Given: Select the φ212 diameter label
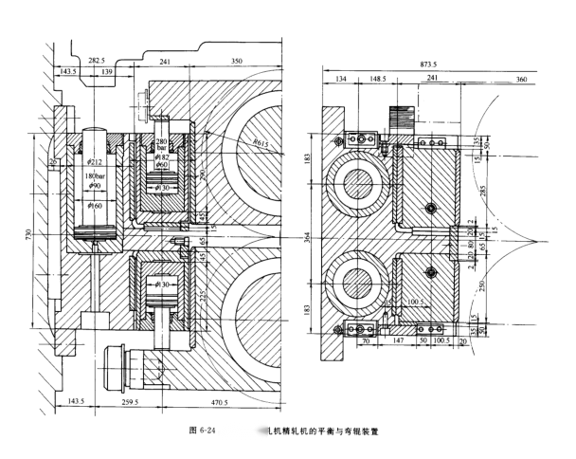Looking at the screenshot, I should click(x=97, y=147).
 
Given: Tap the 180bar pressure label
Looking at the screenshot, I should click(x=96, y=176).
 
